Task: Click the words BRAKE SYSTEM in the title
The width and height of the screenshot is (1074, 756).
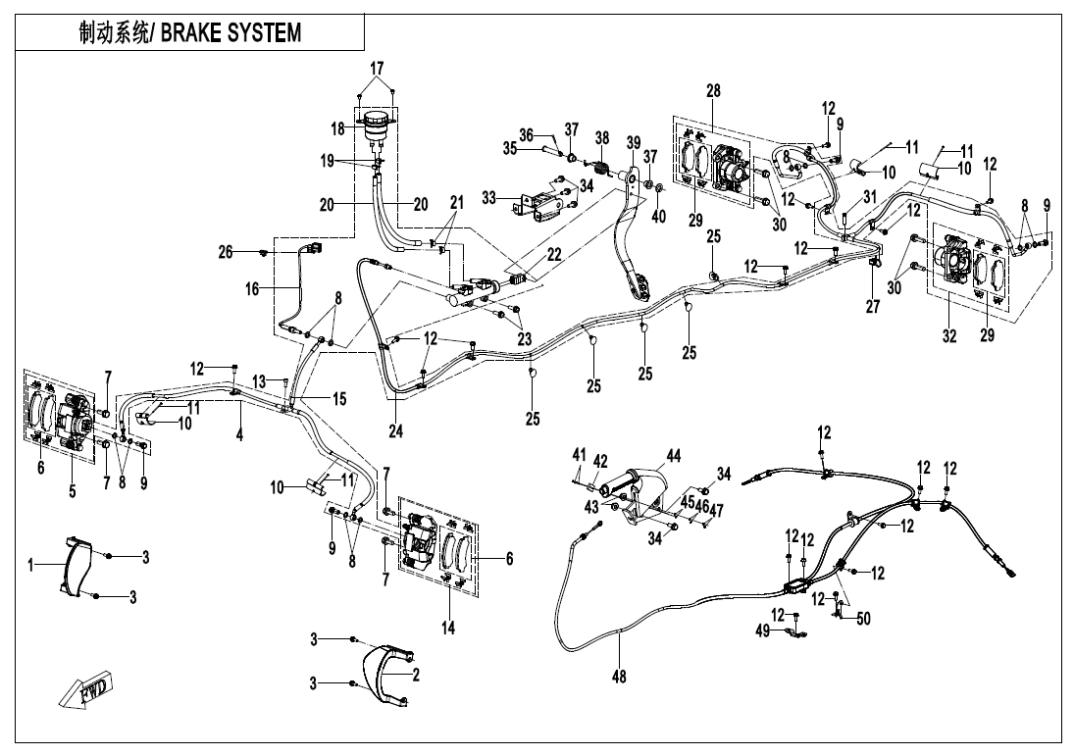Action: pyautogui.click(x=230, y=33)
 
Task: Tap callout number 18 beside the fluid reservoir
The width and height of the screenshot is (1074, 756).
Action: pyautogui.click(x=337, y=129)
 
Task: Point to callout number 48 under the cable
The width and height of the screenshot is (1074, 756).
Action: pyautogui.click(x=619, y=677)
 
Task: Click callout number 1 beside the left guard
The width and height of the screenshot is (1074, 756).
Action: pyautogui.click(x=30, y=565)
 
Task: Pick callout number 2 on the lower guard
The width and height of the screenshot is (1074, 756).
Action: pyautogui.click(x=416, y=676)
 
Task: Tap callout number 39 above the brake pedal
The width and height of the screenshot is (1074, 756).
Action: pyautogui.click(x=634, y=142)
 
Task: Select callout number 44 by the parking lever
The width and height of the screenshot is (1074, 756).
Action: pyautogui.click(x=673, y=456)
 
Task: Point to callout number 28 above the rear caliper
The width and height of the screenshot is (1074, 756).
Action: pyautogui.click(x=713, y=90)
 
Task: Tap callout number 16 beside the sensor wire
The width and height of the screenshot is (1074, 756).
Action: pyautogui.click(x=252, y=289)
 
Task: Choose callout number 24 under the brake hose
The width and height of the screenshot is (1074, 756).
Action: pyautogui.click(x=396, y=430)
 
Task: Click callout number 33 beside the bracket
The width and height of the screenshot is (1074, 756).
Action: pyautogui.click(x=488, y=199)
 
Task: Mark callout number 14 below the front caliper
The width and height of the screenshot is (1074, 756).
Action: pyautogui.click(x=448, y=628)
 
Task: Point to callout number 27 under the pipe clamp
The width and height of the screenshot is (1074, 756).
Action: pyautogui.click(x=873, y=306)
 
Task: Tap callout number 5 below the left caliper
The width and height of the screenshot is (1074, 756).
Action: pyautogui.click(x=73, y=491)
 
